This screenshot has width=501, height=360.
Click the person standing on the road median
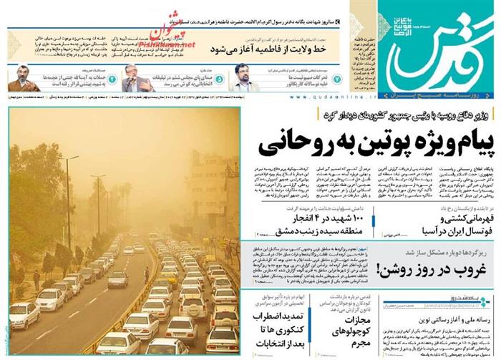point(147,273)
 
